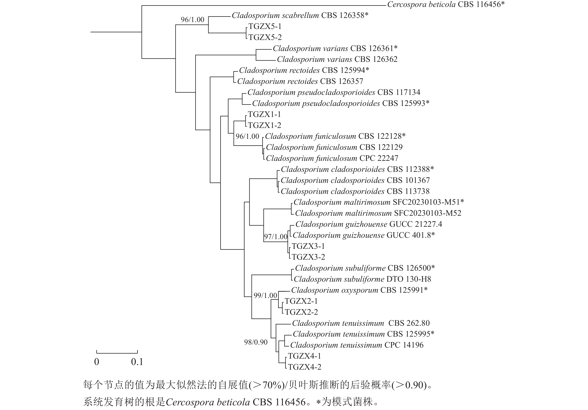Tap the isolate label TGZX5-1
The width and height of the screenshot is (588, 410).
coord(265,26)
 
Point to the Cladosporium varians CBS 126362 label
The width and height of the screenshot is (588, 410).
coord(337,59)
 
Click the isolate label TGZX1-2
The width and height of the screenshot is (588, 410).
coord(265,125)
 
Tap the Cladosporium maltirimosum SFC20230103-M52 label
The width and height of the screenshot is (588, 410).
coord(378,213)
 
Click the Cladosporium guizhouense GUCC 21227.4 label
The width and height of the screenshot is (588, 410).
coord(368,224)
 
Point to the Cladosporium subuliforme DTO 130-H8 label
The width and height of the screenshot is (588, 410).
coord(362,279)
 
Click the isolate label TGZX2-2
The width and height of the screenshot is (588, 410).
coord(301,312)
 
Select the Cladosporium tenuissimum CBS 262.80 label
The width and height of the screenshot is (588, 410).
coord(361,323)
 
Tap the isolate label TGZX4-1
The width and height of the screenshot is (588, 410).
coord(304,356)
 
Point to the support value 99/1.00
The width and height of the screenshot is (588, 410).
coord(265,296)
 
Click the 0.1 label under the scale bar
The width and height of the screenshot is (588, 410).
coord(137,362)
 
